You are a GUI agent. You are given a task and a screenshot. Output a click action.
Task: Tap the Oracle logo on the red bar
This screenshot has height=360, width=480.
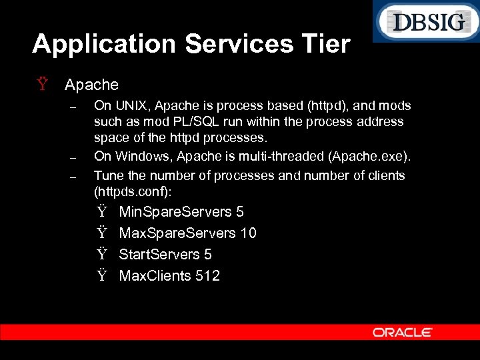pyautogui.click(x=403, y=332)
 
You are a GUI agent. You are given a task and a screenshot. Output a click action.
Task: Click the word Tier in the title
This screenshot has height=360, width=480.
pyautogui.click(x=325, y=44)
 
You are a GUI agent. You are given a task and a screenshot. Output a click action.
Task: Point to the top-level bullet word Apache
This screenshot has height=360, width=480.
pyautogui.click(x=91, y=85)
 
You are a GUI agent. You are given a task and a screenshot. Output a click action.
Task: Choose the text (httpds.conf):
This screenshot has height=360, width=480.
pyautogui.click(x=133, y=191)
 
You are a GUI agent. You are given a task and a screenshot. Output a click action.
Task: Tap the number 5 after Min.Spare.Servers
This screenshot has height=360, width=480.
pyautogui.click(x=239, y=212)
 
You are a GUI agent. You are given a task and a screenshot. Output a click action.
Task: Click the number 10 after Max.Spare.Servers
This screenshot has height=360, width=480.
pyautogui.click(x=248, y=233)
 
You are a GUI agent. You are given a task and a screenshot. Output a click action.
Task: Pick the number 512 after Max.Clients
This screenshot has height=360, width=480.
pyautogui.click(x=208, y=276)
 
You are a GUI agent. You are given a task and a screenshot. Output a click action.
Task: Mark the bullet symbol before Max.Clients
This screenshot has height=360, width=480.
pyautogui.click(x=101, y=276)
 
